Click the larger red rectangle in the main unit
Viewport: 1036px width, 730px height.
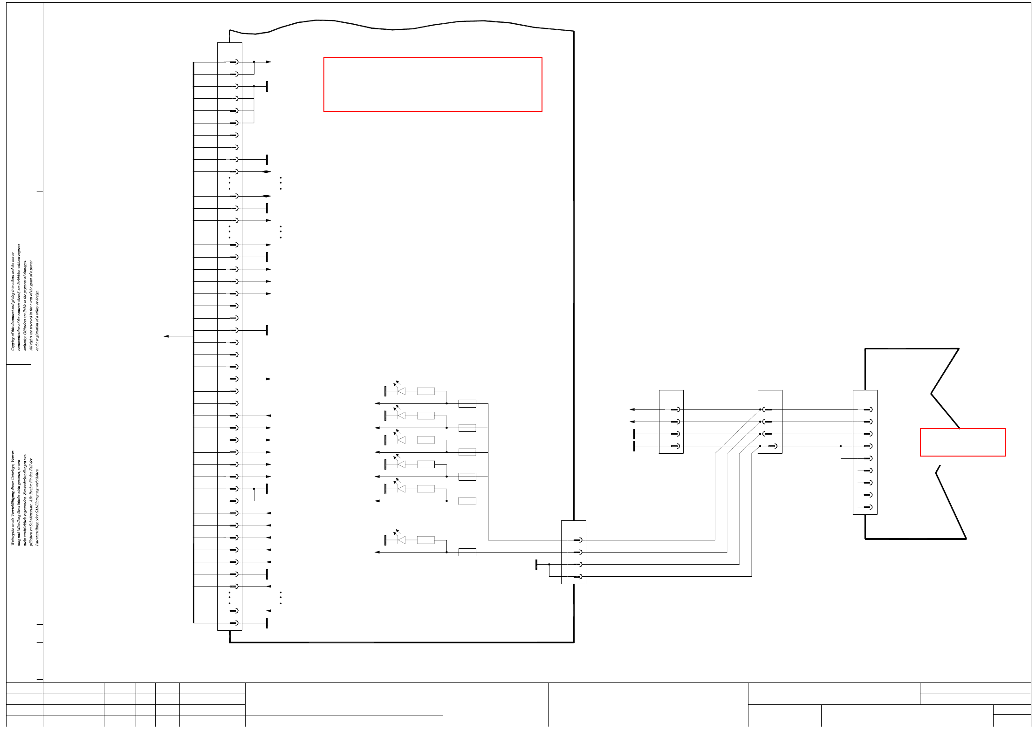coord(432,84)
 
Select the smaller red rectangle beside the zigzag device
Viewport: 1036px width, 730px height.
coord(962,442)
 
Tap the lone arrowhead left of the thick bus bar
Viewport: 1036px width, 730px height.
coord(166,336)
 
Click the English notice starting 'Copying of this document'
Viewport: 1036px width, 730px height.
coord(26,298)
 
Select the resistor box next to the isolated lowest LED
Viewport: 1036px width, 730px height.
coord(425,540)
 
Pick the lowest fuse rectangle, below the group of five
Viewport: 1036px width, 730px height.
coord(467,553)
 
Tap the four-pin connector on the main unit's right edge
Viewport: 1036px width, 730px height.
coord(573,552)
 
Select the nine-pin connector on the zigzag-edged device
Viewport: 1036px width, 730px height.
coord(865,452)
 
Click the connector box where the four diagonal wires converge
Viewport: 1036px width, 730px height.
coord(770,422)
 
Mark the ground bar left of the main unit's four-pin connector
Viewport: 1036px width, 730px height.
coord(536,565)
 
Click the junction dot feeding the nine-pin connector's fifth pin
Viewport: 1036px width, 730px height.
coord(841,446)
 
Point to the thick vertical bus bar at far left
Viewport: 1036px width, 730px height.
coord(193,342)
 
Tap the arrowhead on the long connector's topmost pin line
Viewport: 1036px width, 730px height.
coord(268,62)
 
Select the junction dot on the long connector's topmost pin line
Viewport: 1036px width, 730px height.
coord(254,62)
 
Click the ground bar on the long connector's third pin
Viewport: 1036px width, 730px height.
coord(267,86)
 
